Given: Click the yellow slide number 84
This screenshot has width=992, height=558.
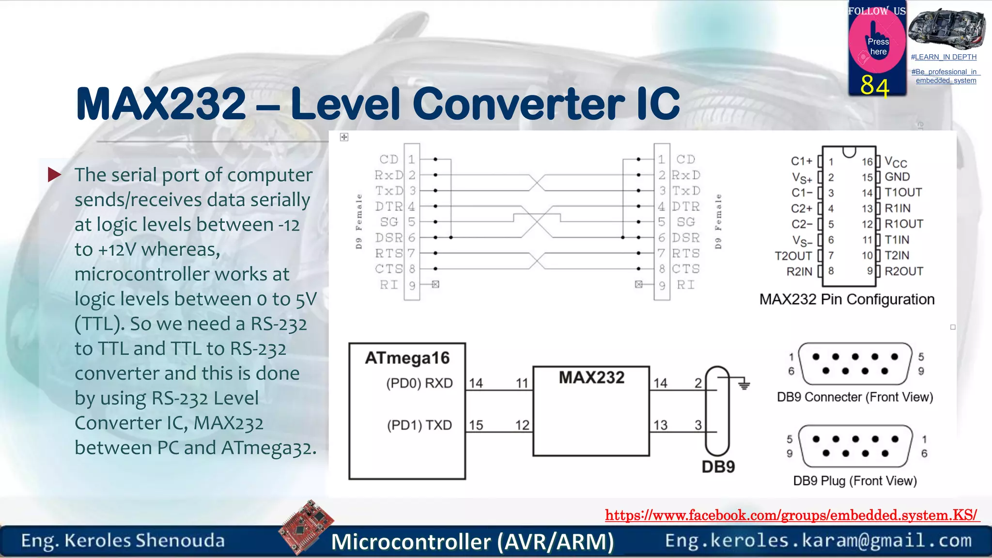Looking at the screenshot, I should (875, 86).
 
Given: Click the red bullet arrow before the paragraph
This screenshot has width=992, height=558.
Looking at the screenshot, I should (54, 174).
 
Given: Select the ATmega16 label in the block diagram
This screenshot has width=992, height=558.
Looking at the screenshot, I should (407, 358).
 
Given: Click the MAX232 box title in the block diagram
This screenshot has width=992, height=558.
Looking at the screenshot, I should (591, 377).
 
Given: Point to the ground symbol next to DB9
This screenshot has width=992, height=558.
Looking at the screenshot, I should (744, 385).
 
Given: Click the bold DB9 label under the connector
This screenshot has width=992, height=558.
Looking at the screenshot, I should (718, 467).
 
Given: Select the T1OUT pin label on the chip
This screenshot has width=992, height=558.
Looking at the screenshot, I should (903, 192).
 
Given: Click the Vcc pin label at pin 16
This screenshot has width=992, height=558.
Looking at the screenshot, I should (895, 162).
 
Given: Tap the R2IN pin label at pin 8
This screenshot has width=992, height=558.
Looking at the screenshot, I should (799, 271).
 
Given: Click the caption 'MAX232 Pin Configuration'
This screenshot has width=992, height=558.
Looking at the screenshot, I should (847, 299).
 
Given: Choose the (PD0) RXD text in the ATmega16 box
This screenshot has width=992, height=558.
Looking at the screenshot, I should (419, 383).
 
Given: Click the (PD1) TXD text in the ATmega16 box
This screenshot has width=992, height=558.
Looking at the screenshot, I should (419, 425).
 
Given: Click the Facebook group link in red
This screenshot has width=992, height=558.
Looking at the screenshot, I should (792, 515).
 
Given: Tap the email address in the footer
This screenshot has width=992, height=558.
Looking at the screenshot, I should (818, 541).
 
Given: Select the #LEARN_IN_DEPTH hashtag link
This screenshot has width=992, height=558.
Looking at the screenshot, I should (944, 57).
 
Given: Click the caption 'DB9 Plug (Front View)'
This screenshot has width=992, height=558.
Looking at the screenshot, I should (855, 481).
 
